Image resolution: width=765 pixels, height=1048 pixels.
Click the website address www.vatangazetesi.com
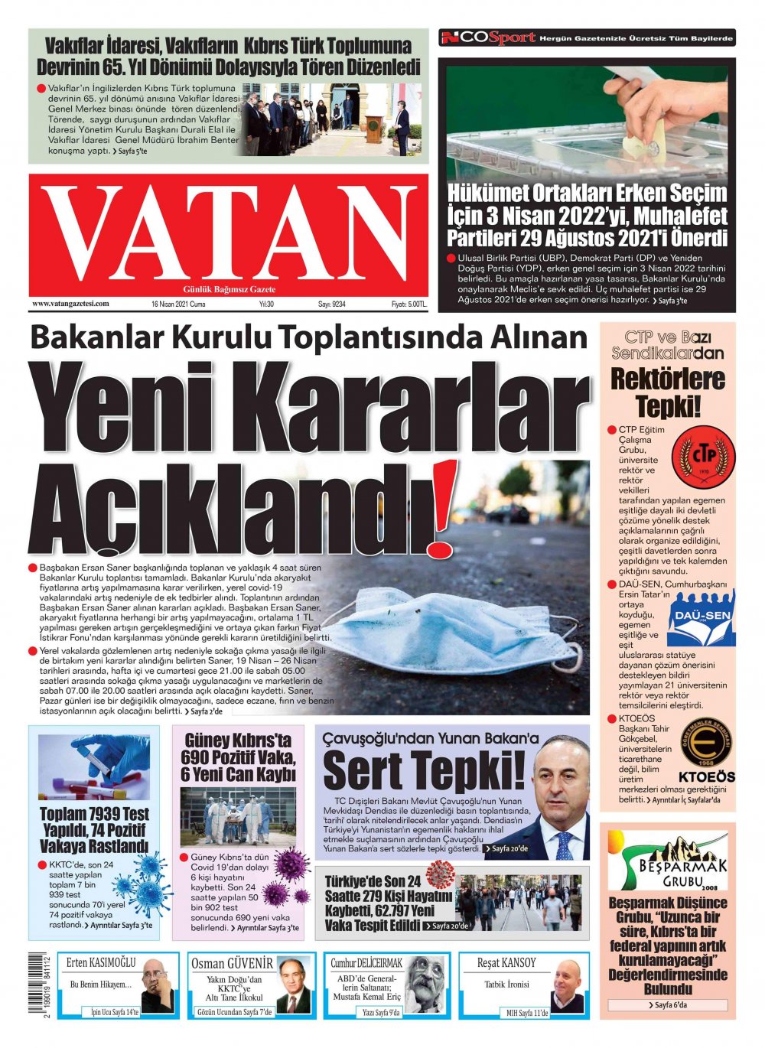coord(70,304)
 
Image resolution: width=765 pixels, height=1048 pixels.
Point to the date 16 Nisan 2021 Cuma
coord(178,304)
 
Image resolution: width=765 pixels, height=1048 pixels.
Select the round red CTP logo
coord(698,457)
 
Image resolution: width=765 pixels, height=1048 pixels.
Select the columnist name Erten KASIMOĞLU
coord(100,962)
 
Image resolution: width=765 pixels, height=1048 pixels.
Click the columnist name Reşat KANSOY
coord(506,962)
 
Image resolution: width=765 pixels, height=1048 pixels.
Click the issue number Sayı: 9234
coord(332,304)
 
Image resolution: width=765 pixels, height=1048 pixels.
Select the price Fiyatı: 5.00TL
coord(409,304)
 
